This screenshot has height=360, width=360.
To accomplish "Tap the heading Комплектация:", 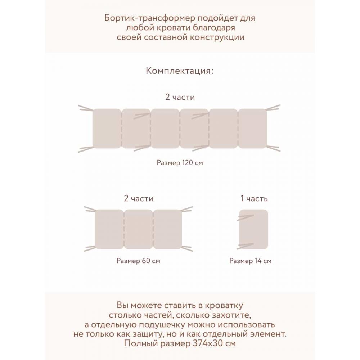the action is (180, 71).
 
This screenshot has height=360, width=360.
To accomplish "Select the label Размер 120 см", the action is (180, 163).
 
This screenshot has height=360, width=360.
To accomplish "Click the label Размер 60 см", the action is (138, 261).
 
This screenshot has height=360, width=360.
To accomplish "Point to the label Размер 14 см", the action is (250, 261).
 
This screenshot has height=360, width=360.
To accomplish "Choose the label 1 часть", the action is (254, 198).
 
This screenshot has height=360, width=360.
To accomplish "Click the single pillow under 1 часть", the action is (253, 229).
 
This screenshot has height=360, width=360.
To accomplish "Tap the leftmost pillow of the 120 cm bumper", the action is (107, 129).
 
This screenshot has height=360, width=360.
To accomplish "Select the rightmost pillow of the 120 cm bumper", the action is (253, 129).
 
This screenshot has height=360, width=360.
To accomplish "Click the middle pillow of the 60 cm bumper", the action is (138, 229).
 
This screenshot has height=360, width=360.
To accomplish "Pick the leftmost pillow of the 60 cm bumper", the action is (109, 229).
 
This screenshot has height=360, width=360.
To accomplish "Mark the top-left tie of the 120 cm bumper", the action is (86, 108).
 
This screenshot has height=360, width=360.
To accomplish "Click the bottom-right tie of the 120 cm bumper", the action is (273, 148).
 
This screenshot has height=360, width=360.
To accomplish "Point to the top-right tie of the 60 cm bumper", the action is (187, 209).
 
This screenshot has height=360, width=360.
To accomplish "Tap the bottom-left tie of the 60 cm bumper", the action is (90, 248).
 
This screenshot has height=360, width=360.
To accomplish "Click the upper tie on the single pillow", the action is (245, 218).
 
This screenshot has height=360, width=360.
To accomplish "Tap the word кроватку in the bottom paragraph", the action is (224, 306).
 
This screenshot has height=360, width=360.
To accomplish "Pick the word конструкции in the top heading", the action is (217, 37).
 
